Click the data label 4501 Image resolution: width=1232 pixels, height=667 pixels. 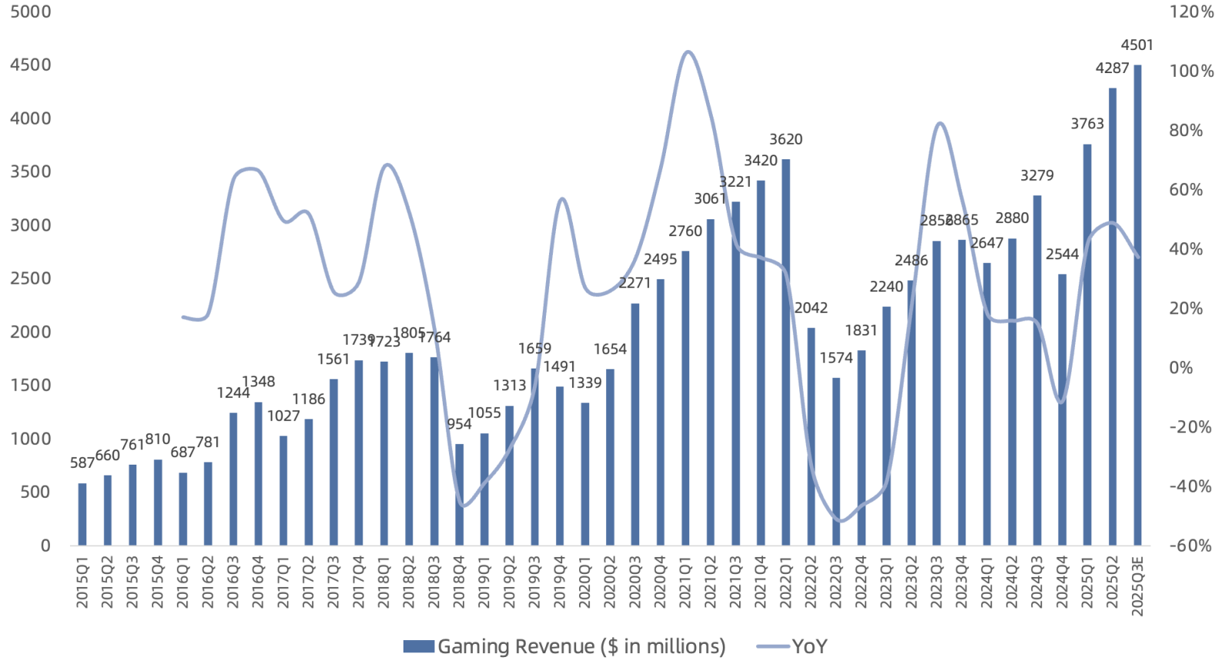coord(1137,45)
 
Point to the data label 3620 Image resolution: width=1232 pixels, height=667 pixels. coord(785,139)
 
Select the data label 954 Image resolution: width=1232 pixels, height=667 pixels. coord(459,424)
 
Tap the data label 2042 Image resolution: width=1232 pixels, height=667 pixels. coord(811,308)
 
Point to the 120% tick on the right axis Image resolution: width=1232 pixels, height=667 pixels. coord(1191,12)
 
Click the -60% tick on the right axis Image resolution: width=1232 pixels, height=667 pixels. coord(1190,545)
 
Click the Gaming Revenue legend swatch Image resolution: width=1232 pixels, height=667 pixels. coord(418,646)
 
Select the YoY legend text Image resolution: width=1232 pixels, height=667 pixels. coord(809,646)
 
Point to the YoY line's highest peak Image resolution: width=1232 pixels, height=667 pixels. coord(688,52)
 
